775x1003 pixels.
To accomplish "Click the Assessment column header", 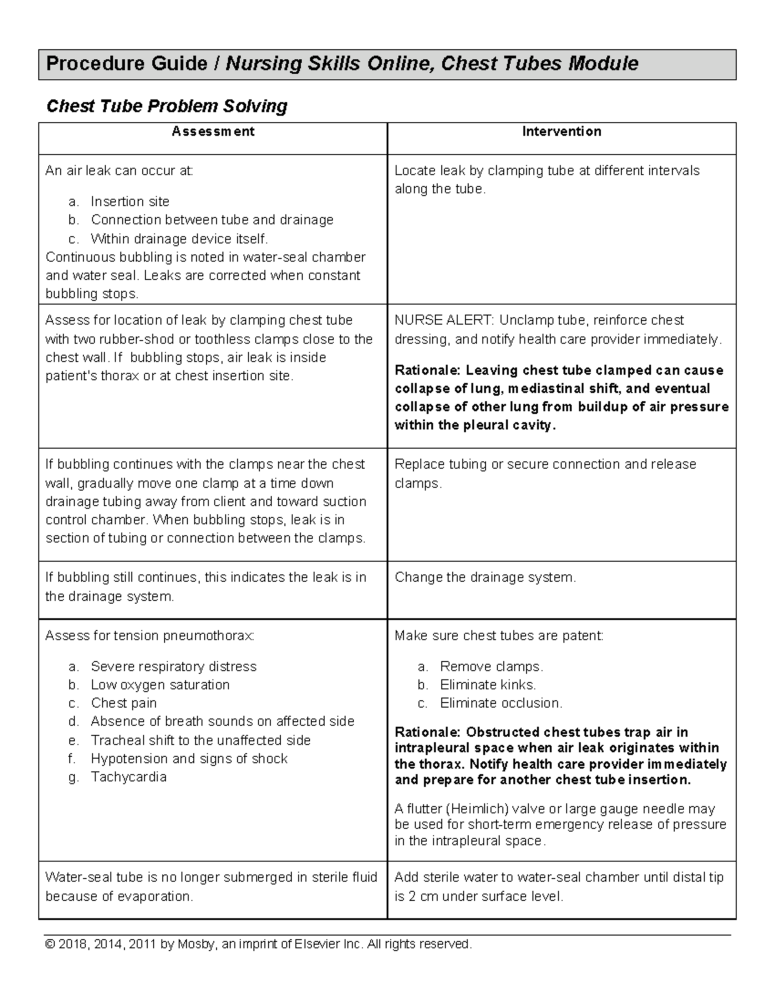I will [212, 132].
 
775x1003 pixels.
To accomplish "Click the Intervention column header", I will [561, 132].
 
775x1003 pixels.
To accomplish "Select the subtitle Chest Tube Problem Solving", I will [167, 106].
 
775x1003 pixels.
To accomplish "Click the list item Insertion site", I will [130, 202].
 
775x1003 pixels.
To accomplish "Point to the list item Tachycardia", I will [129, 777].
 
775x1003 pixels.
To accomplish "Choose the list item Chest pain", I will [123, 703].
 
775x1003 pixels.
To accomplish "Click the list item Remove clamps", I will [491, 667].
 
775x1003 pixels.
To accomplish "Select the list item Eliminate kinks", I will [488, 685].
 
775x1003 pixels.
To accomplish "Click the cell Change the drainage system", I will [484, 577].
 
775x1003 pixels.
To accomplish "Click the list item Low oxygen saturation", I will [160, 685].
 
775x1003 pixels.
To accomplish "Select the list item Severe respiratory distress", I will [174, 667].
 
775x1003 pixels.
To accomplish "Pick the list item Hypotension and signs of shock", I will [189, 759].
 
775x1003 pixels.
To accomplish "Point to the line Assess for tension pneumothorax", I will [150, 636].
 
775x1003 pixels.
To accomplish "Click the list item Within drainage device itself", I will [179, 239].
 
